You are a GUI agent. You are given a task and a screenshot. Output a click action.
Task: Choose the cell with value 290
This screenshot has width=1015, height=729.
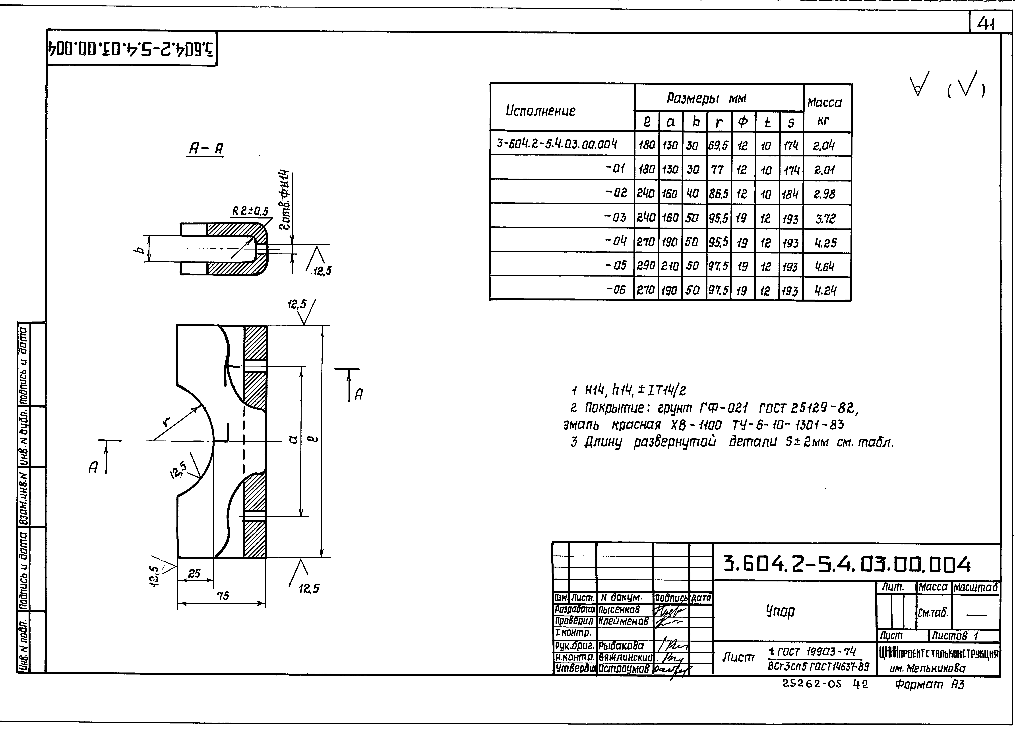[x=646, y=266]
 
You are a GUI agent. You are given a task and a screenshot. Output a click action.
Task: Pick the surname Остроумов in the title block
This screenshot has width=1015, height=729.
[x=623, y=669]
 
